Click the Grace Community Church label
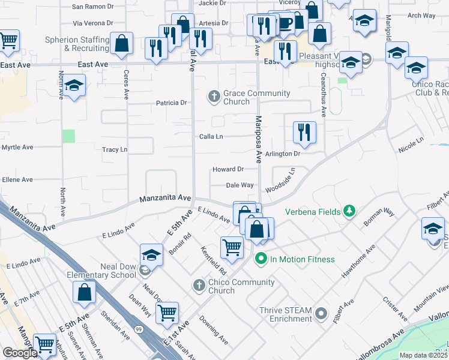256,97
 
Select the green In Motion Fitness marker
261,259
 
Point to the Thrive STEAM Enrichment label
285,314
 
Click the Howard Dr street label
228,170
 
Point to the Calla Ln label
211,137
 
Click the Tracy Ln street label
115,149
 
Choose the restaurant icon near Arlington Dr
304,132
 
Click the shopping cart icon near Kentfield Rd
232,246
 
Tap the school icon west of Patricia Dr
74,86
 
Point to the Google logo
20,353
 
